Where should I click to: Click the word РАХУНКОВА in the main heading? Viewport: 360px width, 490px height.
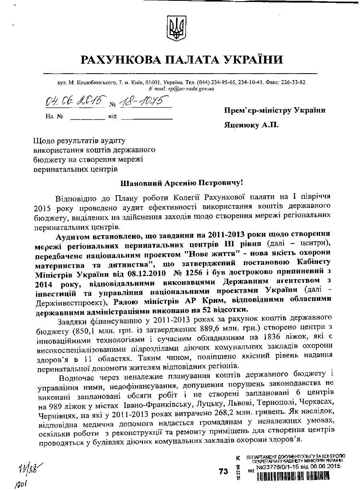tap(120, 60)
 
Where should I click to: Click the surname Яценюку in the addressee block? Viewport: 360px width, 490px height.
tap(242, 125)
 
